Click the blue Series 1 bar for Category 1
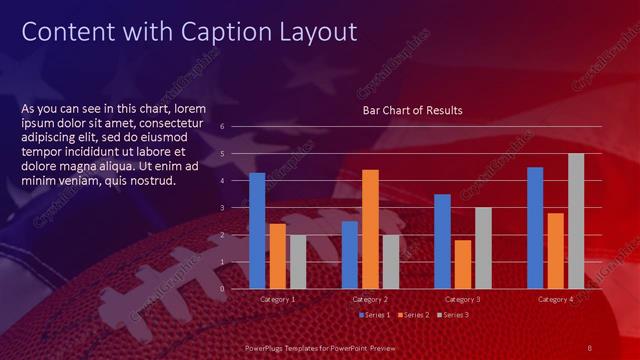click(x=257, y=230)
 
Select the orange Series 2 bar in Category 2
click(x=370, y=228)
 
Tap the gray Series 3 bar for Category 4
click(x=576, y=220)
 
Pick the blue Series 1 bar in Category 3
click(x=442, y=241)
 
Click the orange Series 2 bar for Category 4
click(x=556, y=250)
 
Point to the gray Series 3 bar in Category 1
click(x=298, y=261)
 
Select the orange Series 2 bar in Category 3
click(x=462, y=264)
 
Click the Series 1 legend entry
click(x=374, y=315)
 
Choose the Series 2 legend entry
click(x=413, y=315)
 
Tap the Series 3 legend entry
click(x=452, y=315)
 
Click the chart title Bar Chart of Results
click(x=412, y=110)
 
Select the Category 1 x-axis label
click(x=277, y=299)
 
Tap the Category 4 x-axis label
click(x=555, y=299)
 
